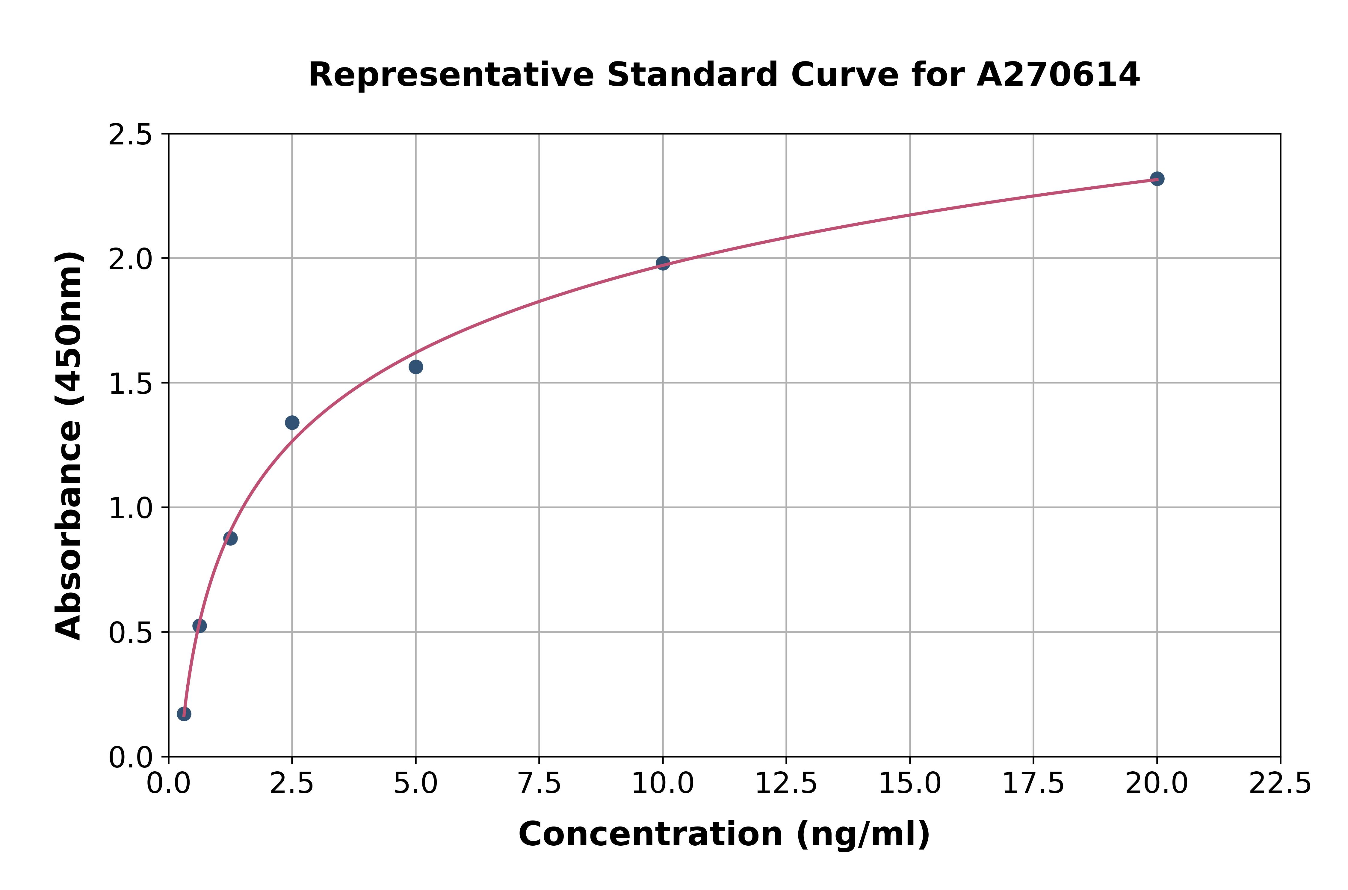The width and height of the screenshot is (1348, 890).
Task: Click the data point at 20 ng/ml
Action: pos(1157,179)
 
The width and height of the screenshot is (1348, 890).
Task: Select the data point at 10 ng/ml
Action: pos(663,263)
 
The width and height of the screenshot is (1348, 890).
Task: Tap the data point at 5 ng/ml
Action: pos(416,367)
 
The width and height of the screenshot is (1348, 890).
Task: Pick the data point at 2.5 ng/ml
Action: pos(292,422)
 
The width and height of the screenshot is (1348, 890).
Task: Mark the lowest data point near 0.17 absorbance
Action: pos(184,713)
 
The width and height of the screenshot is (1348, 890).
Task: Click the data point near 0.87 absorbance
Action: pos(230,538)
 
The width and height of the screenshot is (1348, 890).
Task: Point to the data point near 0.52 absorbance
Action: pos(200,625)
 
